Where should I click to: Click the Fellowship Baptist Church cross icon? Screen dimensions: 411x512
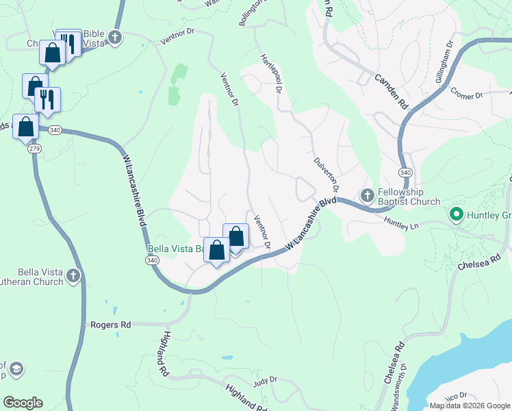[367, 197]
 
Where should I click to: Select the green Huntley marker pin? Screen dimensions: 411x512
[457, 215]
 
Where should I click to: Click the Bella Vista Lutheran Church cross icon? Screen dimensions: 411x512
[74, 277]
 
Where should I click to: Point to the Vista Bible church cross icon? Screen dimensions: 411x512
[116, 37]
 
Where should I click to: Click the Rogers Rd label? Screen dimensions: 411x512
[110, 325]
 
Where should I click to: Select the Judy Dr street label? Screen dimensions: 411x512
[264, 379]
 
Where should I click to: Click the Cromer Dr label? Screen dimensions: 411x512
[467, 95]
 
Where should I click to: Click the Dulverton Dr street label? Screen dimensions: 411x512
[327, 171]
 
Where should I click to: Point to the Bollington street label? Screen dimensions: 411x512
[251, 13]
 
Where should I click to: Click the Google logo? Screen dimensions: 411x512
[23, 403]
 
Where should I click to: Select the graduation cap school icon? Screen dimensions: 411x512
[16, 370]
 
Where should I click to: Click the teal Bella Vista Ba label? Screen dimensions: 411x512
[175, 249]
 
